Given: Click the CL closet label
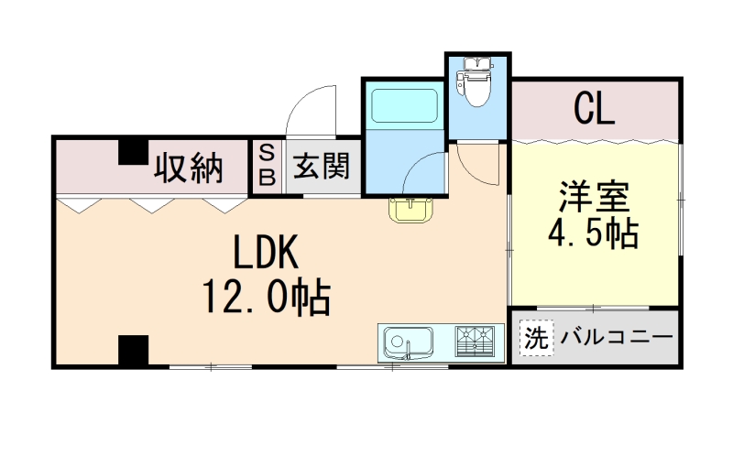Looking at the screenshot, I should pyautogui.click(x=595, y=110).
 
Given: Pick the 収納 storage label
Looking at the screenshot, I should pyautogui.click(x=189, y=168).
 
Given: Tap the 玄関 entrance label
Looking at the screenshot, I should pyautogui.click(x=322, y=167).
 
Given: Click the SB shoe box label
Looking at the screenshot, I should pyautogui.click(x=267, y=165).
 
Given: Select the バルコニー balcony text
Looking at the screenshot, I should pyautogui.click(x=614, y=337).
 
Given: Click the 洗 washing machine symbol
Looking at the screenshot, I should pyautogui.click(x=536, y=337).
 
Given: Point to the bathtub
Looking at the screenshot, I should pyautogui.click(x=403, y=107).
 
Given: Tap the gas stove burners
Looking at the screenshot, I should pyautogui.click(x=476, y=342).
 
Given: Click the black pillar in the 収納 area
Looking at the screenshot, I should pyautogui.click(x=132, y=149).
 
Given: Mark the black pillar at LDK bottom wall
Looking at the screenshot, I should pyautogui.click(x=132, y=350).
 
